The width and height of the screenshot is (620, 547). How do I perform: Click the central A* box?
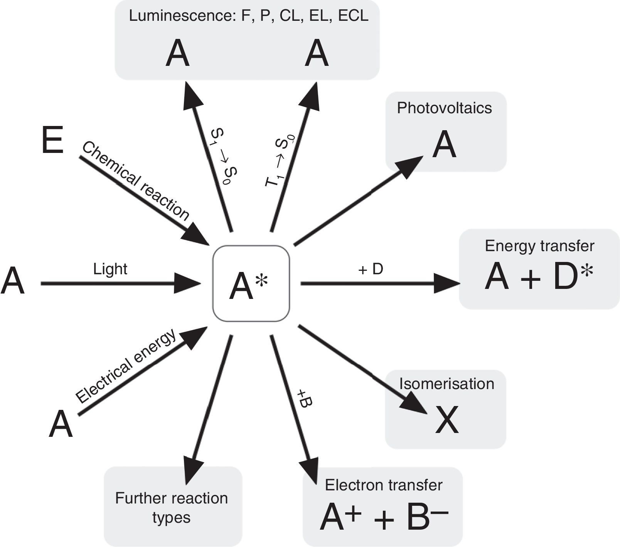(251, 284)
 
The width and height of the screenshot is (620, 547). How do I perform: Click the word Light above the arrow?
(110, 269)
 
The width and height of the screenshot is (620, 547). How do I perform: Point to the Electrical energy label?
(126, 366)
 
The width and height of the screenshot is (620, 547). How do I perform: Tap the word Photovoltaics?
(444, 108)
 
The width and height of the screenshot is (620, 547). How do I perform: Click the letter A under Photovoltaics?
(444, 144)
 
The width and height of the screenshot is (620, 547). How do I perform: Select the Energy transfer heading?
(539, 246)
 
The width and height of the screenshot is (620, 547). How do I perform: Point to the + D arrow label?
(371, 269)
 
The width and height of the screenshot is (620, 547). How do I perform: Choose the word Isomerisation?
(446, 384)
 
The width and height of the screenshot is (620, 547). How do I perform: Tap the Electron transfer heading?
(383, 485)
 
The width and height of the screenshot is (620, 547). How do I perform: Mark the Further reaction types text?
(172, 508)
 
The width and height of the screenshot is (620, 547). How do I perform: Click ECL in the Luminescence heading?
(353, 16)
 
